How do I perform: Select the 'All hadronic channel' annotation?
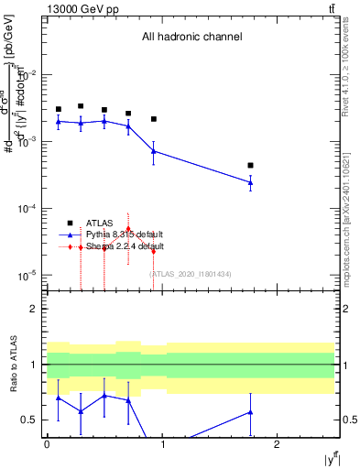[x=191, y=38]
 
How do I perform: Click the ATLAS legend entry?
[x=100, y=223]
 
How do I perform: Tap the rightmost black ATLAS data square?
[x=250, y=166]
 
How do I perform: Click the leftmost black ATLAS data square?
[x=58, y=109]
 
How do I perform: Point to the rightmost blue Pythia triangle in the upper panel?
[x=250, y=182]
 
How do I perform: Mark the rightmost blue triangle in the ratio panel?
[x=250, y=412]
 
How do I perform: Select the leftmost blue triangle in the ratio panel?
[x=58, y=398]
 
